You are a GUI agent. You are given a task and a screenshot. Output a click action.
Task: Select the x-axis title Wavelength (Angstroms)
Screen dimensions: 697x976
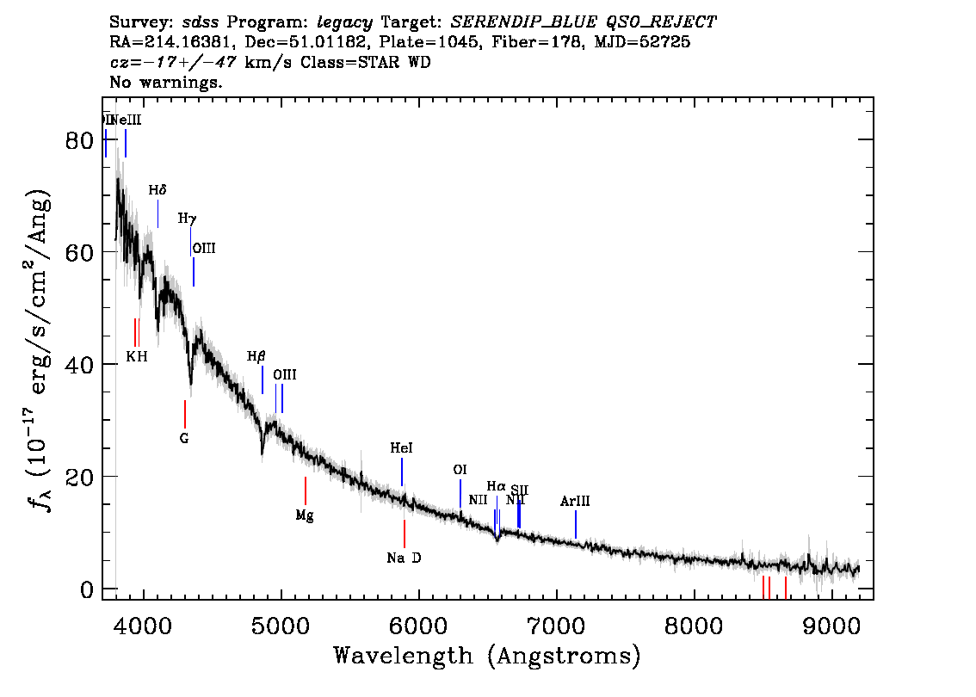click(487, 656)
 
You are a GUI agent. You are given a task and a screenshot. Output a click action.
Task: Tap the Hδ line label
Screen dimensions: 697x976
click(158, 190)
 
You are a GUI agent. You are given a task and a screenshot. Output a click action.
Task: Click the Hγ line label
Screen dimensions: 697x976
click(187, 219)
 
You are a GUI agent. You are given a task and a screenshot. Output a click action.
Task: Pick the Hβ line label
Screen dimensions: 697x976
click(256, 356)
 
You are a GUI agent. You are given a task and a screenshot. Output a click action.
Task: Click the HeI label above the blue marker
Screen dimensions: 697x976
click(401, 448)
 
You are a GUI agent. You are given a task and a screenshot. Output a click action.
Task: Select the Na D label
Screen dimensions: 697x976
click(404, 558)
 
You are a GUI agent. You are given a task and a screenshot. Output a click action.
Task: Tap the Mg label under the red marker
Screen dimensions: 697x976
click(305, 515)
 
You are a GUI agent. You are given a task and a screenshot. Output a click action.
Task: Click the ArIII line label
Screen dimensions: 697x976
click(575, 501)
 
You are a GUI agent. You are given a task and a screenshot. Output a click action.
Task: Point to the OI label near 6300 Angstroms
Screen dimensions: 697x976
click(460, 470)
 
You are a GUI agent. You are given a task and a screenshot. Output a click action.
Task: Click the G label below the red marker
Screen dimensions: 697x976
click(184, 438)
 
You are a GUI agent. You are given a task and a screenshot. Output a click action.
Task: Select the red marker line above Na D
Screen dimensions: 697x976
click(404, 534)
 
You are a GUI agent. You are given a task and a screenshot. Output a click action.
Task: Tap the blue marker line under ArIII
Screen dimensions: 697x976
click(576, 524)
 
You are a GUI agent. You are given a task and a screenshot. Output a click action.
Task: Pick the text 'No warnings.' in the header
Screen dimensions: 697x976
click(167, 83)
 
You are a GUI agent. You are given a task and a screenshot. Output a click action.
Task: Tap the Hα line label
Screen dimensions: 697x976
click(497, 486)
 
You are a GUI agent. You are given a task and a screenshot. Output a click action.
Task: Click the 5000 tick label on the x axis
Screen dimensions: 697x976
click(281, 624)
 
